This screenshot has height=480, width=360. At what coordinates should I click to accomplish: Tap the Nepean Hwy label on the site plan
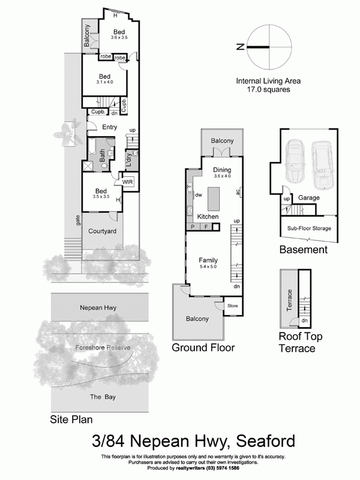coord(98,308)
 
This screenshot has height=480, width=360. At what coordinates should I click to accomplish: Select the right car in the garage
coord(322,164)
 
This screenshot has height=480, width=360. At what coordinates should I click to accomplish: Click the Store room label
coord(232,306)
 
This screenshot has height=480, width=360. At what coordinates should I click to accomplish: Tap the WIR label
coord(128,181)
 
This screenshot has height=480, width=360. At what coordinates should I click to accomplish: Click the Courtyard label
coord(102,231)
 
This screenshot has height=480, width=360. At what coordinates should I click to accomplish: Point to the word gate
coord(78,221)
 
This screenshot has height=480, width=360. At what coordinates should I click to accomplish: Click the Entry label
coord(109,127)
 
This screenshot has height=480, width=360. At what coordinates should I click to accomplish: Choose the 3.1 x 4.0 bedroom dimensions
coord(104,82)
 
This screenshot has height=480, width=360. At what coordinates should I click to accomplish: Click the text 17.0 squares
coord(268,89)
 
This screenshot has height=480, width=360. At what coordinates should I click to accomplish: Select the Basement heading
coord(303,250)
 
